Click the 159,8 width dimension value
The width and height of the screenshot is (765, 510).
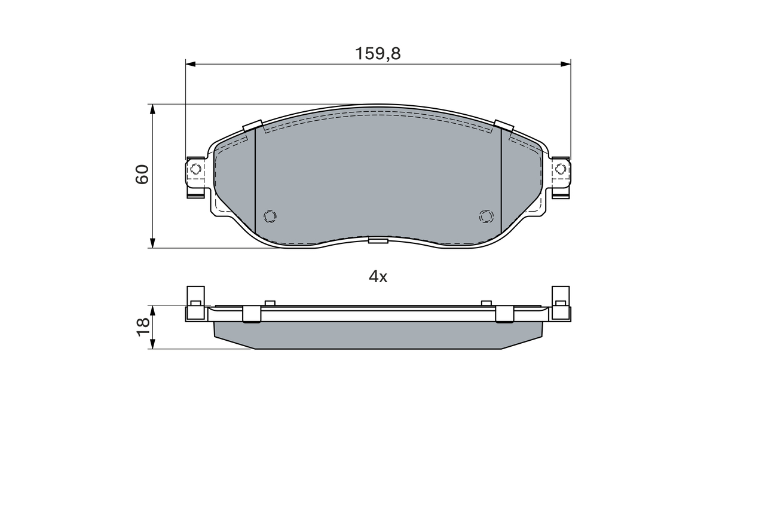(x=378, y=54)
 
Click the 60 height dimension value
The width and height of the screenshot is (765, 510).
(x=142, y=174)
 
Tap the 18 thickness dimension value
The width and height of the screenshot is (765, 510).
(x=143, y=326)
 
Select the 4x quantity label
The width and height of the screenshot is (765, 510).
(x=378, y=277)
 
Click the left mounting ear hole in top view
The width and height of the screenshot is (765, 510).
(x=195, y=169)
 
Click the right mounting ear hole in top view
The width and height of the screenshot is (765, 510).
(x=560, y=169)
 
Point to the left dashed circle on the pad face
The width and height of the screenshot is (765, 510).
(x=270, y=216)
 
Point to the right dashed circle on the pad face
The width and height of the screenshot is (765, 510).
(x=486, y=216)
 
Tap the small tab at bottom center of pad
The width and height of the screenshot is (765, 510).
(x=378, y=240)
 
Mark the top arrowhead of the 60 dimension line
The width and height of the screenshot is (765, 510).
(x=153, y=109)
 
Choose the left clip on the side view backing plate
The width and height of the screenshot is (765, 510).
(x=252, y=314)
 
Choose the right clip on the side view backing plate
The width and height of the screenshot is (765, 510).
(x=505, y=314)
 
